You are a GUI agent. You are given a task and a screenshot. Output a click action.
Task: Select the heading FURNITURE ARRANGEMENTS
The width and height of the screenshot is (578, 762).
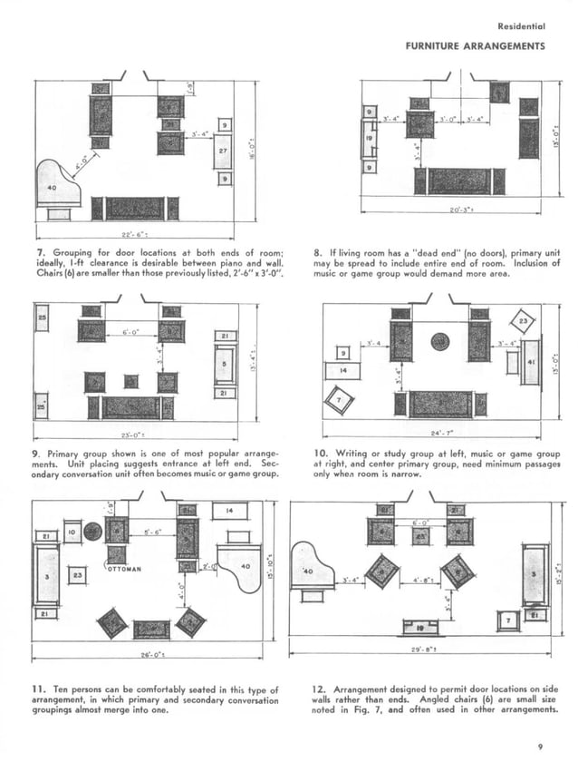476,45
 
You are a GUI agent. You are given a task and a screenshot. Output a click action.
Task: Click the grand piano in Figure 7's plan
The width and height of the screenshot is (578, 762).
57,185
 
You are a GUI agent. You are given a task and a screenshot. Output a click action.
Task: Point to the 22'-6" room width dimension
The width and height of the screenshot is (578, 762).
135,231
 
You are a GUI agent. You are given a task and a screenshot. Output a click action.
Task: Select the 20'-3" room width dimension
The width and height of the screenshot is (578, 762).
462,211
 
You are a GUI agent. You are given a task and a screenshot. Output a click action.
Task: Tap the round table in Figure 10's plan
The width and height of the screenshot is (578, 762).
440,341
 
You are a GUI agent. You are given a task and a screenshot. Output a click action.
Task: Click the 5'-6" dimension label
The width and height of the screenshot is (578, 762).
151,533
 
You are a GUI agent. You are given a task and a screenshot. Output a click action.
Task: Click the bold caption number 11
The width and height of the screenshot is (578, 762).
42,691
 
